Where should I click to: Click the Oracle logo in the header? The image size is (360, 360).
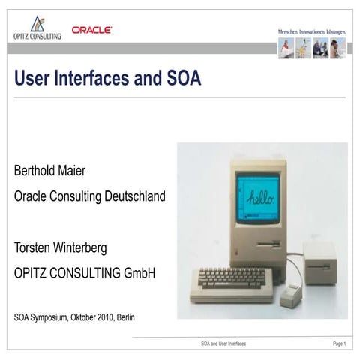tap(91, 30)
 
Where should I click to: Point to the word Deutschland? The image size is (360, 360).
tap(131, 196)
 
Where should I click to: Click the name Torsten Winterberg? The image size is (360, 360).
tap(67, 247)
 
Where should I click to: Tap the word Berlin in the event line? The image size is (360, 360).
tap(126, 317)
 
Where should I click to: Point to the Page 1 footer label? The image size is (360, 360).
tap(339, 343)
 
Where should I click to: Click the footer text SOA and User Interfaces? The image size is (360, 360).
tap(223, 343)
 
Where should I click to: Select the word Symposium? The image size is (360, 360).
tap(51, 317)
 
